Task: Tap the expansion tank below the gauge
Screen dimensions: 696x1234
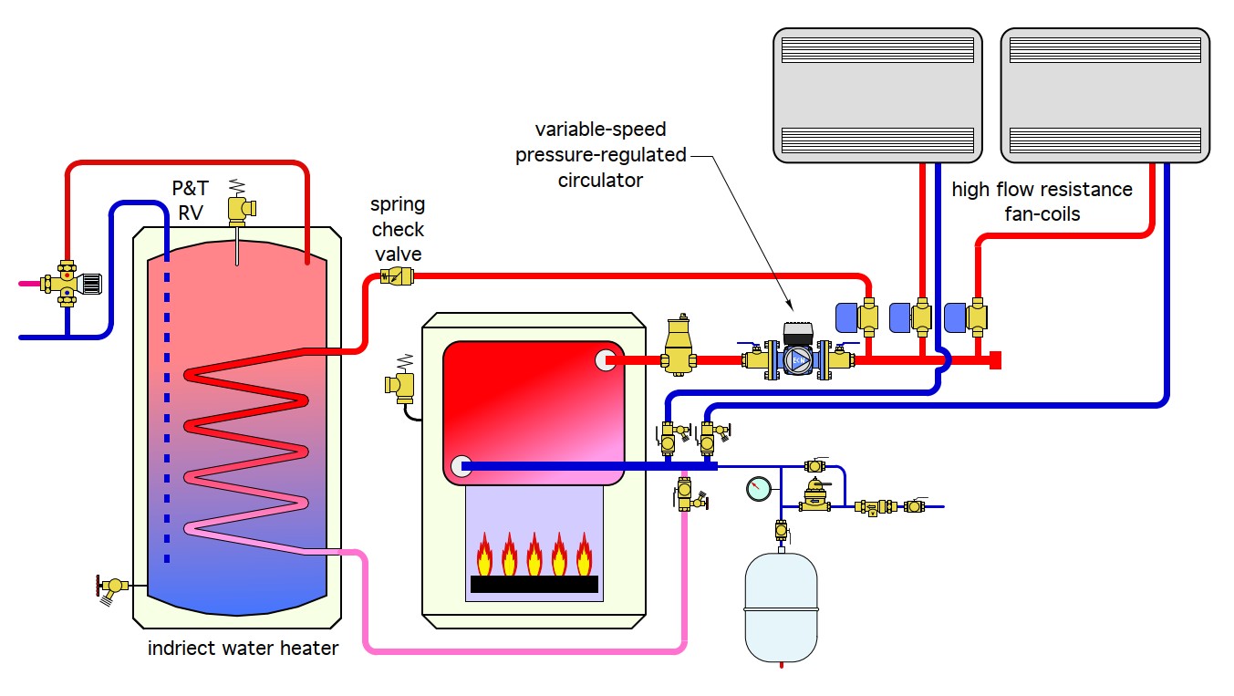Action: [781, 606]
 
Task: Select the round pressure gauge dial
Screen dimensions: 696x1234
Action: [757, 489]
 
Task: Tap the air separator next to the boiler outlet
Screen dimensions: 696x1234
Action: [678, 347]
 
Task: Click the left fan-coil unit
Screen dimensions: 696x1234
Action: [877, 94]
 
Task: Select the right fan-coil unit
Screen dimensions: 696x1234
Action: [1104, 94]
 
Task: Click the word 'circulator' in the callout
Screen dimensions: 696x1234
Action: [600, 180]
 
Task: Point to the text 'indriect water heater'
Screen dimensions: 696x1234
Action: [243, 649]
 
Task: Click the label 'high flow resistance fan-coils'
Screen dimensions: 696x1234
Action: [1042, 201]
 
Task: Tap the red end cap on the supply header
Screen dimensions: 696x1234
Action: [996, 360]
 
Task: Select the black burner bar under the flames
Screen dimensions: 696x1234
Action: [534, 584]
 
